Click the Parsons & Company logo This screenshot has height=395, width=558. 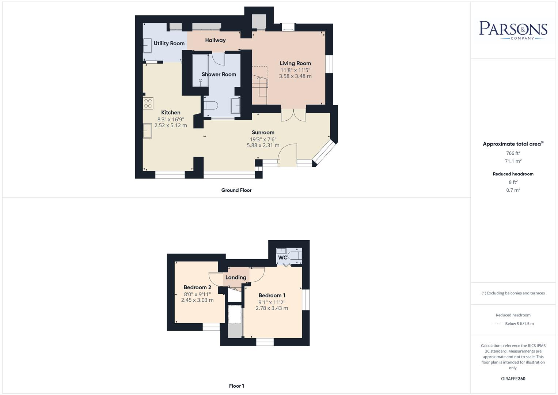pyautogui.click(x=513, y=30)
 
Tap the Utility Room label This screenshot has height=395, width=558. pyautogui.click(x=169, y=43)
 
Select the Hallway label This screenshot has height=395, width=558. pyautogui.click(x=215, y=40)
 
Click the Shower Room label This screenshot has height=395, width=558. pyautogui.click(x=219, y=74)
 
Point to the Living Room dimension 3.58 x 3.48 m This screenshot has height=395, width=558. pyautogui.click(x=295, y=76)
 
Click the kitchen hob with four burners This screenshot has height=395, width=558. pyautogui.click(x=148, y=103)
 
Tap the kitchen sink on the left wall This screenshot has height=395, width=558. pyautogui.click(x=147, y=131)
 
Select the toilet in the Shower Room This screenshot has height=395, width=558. pyautogui.click(x=211, y=106)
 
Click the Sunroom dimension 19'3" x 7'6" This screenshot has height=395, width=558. pyautogui.click(x=263, y=139)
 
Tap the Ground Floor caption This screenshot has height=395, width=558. pyautogui.click(x=236, y=190)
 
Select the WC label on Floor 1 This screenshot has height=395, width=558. pyautogui.click(x=282, y=257)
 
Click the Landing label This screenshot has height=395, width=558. pyautogui.click(x=236, y=277)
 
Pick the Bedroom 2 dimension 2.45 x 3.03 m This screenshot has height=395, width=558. pyautogui.click(x=197, y=300)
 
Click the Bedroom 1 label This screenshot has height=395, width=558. pyautogui.click(x=272, y=296)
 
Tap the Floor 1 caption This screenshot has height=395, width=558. pyautogui.click(x=236, y=386)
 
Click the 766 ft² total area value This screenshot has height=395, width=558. pyautogui.click(x=513, y=153)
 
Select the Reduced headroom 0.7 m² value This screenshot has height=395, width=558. pyautogui.click(x=513, y=190)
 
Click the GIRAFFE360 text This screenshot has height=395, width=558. pyautogui.click(x=513, y=379)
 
